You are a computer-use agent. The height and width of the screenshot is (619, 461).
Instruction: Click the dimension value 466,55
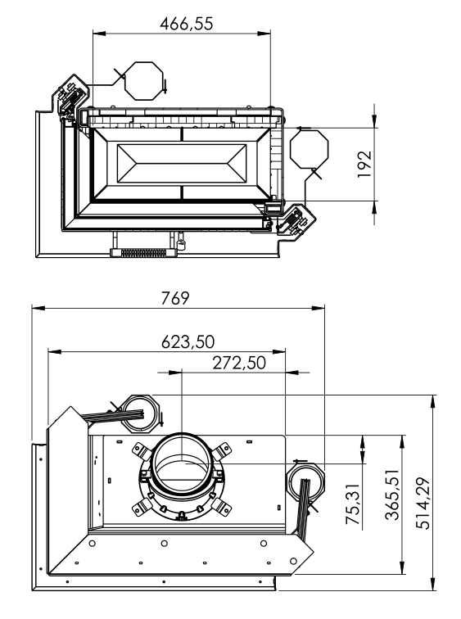187,23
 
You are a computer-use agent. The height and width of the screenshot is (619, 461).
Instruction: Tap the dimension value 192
364,165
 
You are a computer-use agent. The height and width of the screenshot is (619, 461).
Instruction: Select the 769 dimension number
175,298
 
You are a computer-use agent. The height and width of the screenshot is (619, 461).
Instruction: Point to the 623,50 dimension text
188,341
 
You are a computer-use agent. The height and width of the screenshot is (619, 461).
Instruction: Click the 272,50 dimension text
239,363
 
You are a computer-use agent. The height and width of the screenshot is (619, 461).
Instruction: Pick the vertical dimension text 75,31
353,504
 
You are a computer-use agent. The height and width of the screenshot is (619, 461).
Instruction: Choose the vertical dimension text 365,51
392,495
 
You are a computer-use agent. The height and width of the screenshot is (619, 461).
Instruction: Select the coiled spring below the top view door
143,253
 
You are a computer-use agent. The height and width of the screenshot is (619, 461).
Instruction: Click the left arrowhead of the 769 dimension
38,308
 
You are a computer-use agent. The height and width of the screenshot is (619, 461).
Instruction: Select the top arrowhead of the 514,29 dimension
433,401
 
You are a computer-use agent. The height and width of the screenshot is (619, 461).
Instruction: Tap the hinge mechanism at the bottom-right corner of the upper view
294,221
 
